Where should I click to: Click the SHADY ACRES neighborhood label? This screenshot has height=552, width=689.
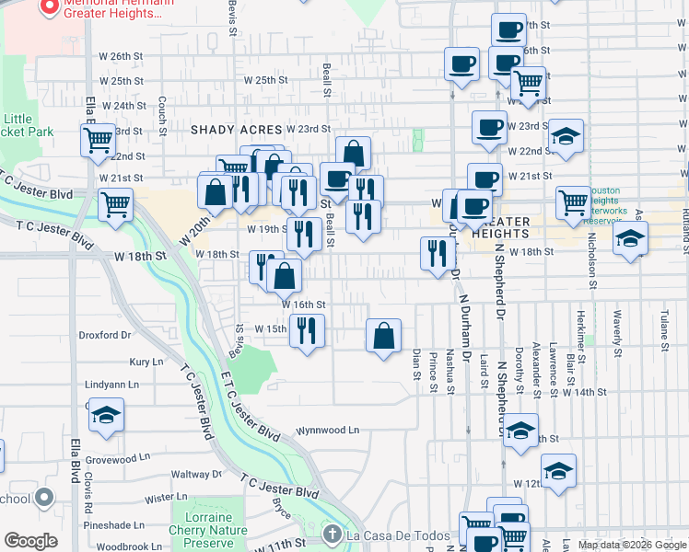(x=234, y=130)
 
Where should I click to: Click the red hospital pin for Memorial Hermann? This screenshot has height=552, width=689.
(x=49, y=9)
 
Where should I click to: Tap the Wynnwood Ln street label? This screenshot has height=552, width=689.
(x=326, y=430)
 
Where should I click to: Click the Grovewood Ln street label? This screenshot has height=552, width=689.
(x=117, y=457)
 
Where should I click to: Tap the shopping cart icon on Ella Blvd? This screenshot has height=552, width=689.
(x=97, y=139)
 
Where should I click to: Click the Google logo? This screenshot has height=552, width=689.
(x=30, y=541)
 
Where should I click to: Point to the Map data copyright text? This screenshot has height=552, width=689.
(x=632, y=545)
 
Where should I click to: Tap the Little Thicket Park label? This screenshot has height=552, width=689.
(x=29, y=125)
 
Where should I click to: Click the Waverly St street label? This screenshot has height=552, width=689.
(x=618, y=326)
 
